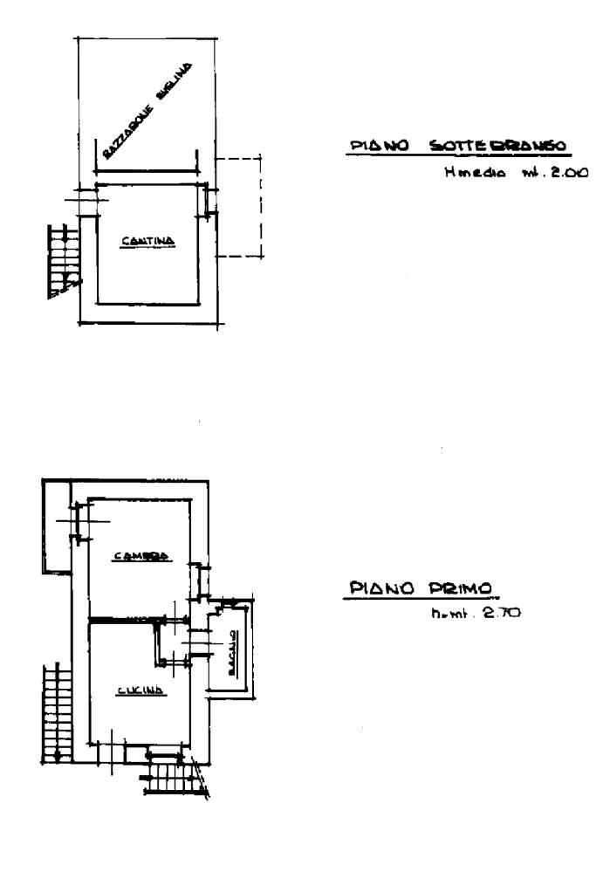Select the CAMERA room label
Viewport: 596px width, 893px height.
point(140,556)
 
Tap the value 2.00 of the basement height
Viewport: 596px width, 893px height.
point(566,172)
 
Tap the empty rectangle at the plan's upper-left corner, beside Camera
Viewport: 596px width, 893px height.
point(56,525)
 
